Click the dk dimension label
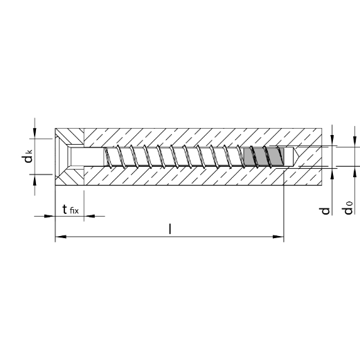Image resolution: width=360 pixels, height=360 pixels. coord(27,156)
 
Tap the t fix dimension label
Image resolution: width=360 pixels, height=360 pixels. coord(71,210)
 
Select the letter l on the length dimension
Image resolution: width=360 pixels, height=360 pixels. coord(170,228)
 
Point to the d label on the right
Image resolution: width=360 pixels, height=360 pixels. coord(325,210)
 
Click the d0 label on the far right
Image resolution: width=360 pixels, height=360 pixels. coord(348,208)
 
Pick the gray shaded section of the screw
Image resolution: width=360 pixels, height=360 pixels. coord(264,156)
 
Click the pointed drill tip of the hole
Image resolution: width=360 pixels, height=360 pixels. coord(296,156)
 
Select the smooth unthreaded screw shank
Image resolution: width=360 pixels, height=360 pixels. coord(87,156)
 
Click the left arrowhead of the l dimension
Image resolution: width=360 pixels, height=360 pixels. coord(61,237)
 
